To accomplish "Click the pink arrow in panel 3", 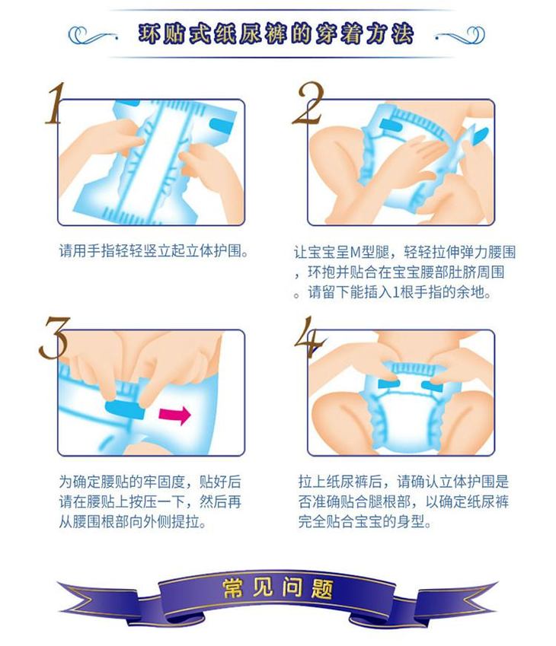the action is pos(175,415).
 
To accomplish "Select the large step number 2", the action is pos(309,103).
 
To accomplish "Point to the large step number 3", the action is pos(54,337).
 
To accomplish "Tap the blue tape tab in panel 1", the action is pos(221,126).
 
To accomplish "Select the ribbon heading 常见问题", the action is pos(278,587).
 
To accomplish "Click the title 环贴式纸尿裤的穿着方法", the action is pos(276,33).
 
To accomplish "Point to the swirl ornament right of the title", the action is pos(460,35).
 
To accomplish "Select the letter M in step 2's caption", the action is pos(356,252).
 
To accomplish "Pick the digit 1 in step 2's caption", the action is pos(395,292).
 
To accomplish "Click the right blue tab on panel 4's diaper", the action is pos(432,386).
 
